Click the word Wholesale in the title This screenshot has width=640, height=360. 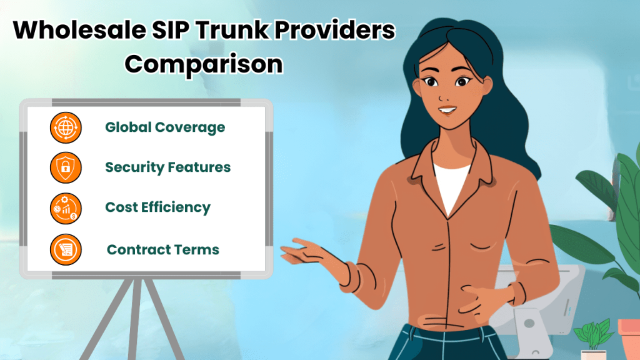79,30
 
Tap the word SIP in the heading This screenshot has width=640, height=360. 170,30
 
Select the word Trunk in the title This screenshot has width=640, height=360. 231,30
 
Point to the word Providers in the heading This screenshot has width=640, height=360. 335,30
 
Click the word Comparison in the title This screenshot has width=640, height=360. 204,65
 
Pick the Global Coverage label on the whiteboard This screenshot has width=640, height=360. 165,127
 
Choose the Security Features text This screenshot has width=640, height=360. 167,167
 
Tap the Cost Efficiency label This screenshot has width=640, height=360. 157,207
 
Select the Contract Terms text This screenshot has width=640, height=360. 163,249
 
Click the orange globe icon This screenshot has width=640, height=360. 66,127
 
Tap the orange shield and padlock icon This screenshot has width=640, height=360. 66,167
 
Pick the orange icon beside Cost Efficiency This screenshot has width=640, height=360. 66,209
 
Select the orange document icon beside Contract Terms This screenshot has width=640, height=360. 66,249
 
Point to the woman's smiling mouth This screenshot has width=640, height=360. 447,110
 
